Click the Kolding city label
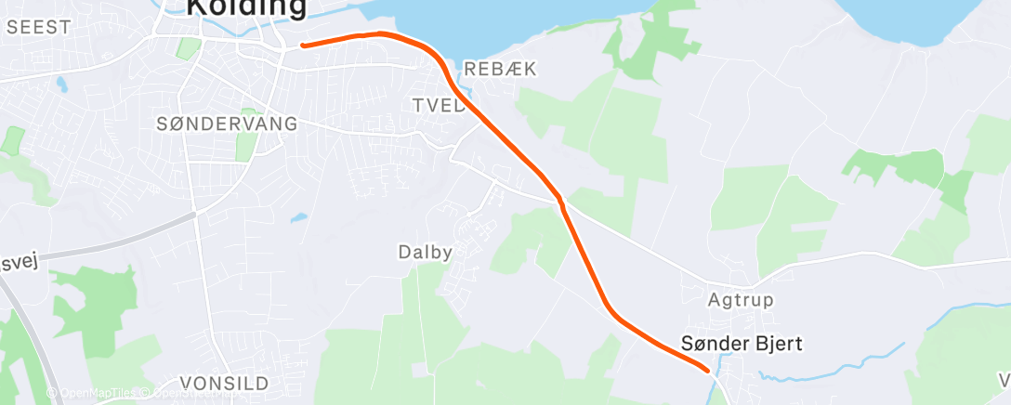pyautogui.click(x=245, y=7)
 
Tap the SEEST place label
pyautogui.click(x=38, y=27)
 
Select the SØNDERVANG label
pyautogui.click(x=227, y=124)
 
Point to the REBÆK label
pyautogui.click(x=500, y=70)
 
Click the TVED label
pyautogui.click(x=438, y=106)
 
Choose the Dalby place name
pyautogui.click(x=425, y=252)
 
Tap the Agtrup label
pyautogui.click(x=741, y=300)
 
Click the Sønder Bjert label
pyautogui.click(x=741, y=344)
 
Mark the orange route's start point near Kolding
pyautogui.click(x=303, y=45)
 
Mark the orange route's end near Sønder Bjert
pyautogui.click(x=709, y=370)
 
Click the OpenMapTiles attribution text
pyautogui.click(x=93, y=394)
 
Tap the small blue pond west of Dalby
pyautogui.click(x=298, y=218)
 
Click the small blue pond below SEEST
pyautogui.click(x=61, y=85)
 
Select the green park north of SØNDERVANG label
pyautogui.click(x=189, y=48)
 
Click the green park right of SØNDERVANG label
pyautogui.click(x=246, y=145)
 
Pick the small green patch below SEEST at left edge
pyautogui.click(x=12, y=139)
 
